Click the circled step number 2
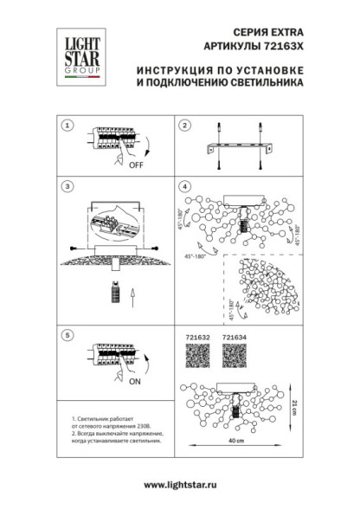tap(183, 126)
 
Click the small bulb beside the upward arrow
tap(112, 294)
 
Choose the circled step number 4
tap(183, 186)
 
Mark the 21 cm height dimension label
tap(294, 407)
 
